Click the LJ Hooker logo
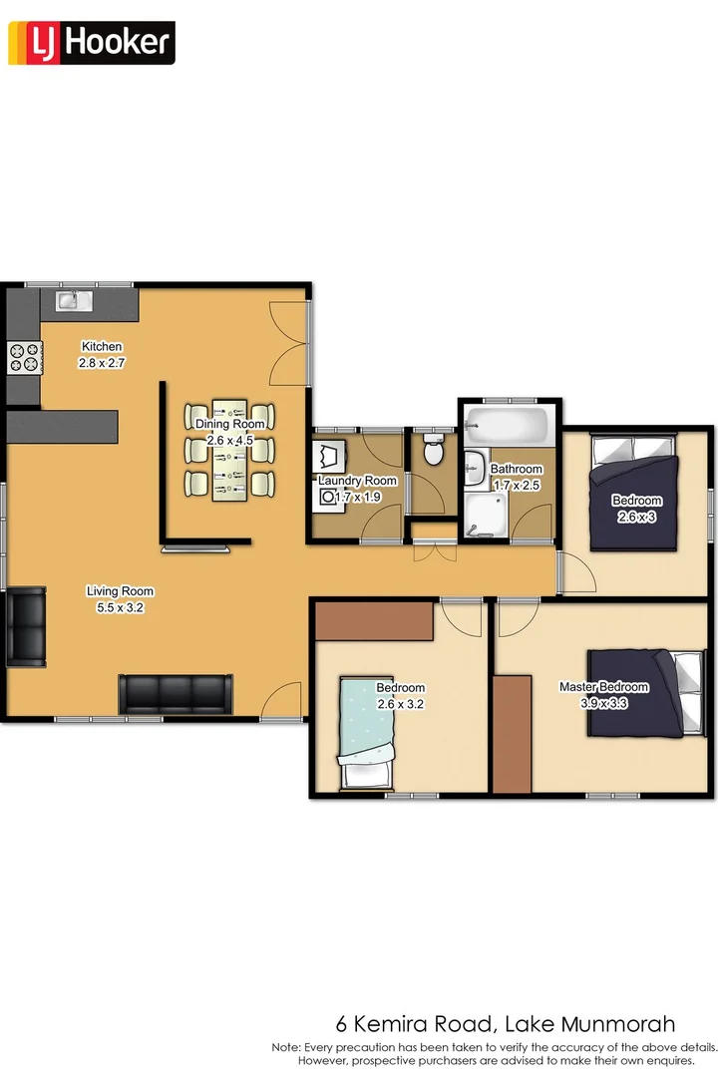[x=91, y=44]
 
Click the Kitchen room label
[x=102, y=346]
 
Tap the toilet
[x=434, y=452]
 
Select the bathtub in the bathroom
[x=509, y=427]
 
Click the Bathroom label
[x=516, y=469]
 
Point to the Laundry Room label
[x=357, y=481]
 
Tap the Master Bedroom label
[x=603, y=687]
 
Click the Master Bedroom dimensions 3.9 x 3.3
[x=603, y=702]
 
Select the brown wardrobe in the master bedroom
[x=512, y=734]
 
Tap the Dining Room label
[x=230, y=424]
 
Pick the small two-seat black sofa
[x=26, y=626]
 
